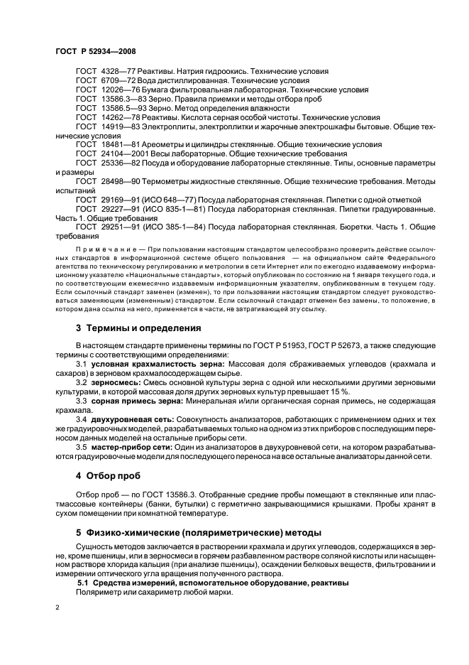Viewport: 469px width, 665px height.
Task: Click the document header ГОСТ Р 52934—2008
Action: pos(96,52)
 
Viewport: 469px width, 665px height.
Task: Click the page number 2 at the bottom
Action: pos(58,607)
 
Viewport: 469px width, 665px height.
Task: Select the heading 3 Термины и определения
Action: pos(128,328)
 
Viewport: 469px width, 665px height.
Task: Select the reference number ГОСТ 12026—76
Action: pos(103,90)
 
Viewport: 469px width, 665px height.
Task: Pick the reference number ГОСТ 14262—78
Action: pos(103,117)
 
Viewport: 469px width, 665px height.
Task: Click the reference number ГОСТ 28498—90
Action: pos(103,182)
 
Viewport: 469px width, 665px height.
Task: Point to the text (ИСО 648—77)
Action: pos(161,200)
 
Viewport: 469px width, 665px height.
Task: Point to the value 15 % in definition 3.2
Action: pos(319,391)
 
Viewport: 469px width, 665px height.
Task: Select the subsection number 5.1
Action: pos(84,583)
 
